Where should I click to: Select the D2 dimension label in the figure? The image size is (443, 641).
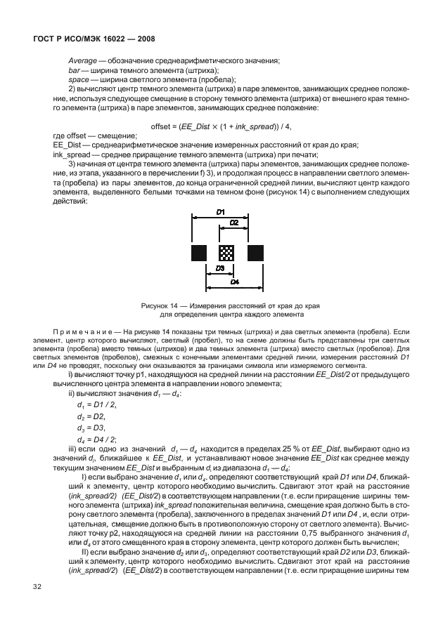click(233, 223)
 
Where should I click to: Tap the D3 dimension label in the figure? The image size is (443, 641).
click(220, 268)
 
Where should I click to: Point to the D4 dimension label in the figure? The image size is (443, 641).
click(233, 281)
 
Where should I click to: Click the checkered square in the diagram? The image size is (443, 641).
click(226, 252)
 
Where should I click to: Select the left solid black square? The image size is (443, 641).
click(198, 252)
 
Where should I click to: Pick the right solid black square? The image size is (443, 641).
click(255, 252)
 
